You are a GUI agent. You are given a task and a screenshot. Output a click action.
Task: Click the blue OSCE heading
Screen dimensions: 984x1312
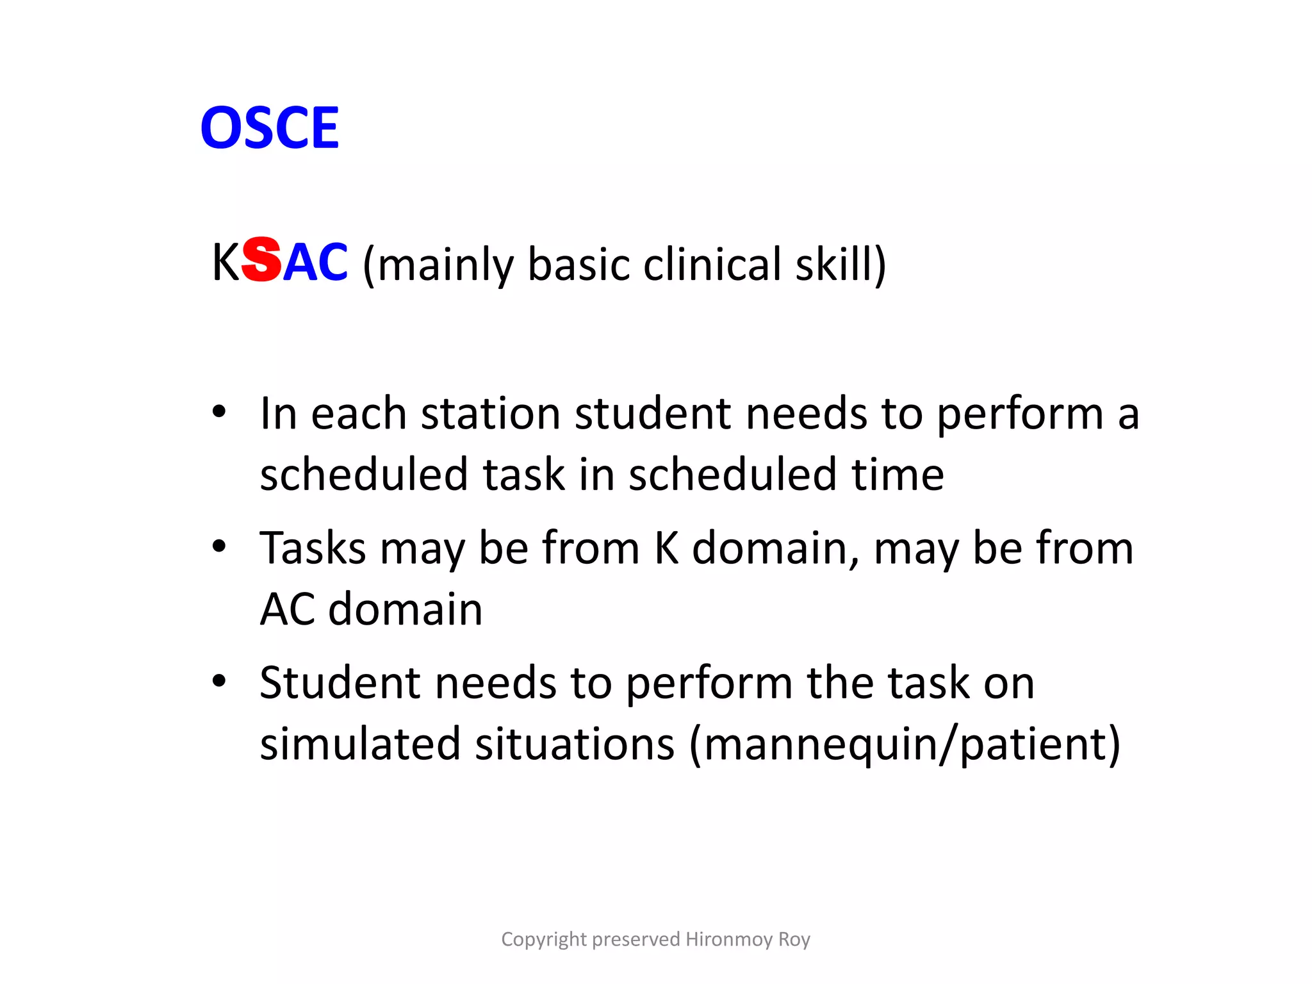tap(270, 128)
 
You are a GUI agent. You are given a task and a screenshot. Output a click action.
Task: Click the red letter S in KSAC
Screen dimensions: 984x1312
tap(262, 259)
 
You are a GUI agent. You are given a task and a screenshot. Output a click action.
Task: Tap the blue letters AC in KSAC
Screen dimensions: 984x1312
tap(315, 263)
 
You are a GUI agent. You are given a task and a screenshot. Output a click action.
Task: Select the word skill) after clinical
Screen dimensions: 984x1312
tap(840, 264)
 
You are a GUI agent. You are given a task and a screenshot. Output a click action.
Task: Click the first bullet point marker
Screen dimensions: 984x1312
tap(219, 412)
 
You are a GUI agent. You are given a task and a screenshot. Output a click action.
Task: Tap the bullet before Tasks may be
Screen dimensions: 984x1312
tap(219, 546)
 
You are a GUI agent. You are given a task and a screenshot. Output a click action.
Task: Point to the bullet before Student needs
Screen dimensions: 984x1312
tap(219, 681)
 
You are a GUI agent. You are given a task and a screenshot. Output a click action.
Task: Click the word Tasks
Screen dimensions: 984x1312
tap(312, 548)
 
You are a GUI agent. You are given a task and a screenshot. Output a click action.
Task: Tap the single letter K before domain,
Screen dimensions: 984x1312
tap(666, 548)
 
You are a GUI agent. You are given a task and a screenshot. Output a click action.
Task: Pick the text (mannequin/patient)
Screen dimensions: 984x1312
tap(905, 745)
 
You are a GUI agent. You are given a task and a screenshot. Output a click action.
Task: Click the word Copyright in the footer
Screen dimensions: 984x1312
tap(543, 939)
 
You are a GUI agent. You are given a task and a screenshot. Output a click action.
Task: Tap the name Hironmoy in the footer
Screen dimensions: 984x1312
tap(728, 939)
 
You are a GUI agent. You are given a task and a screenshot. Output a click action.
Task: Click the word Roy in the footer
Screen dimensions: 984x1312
tap(794, 940)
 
